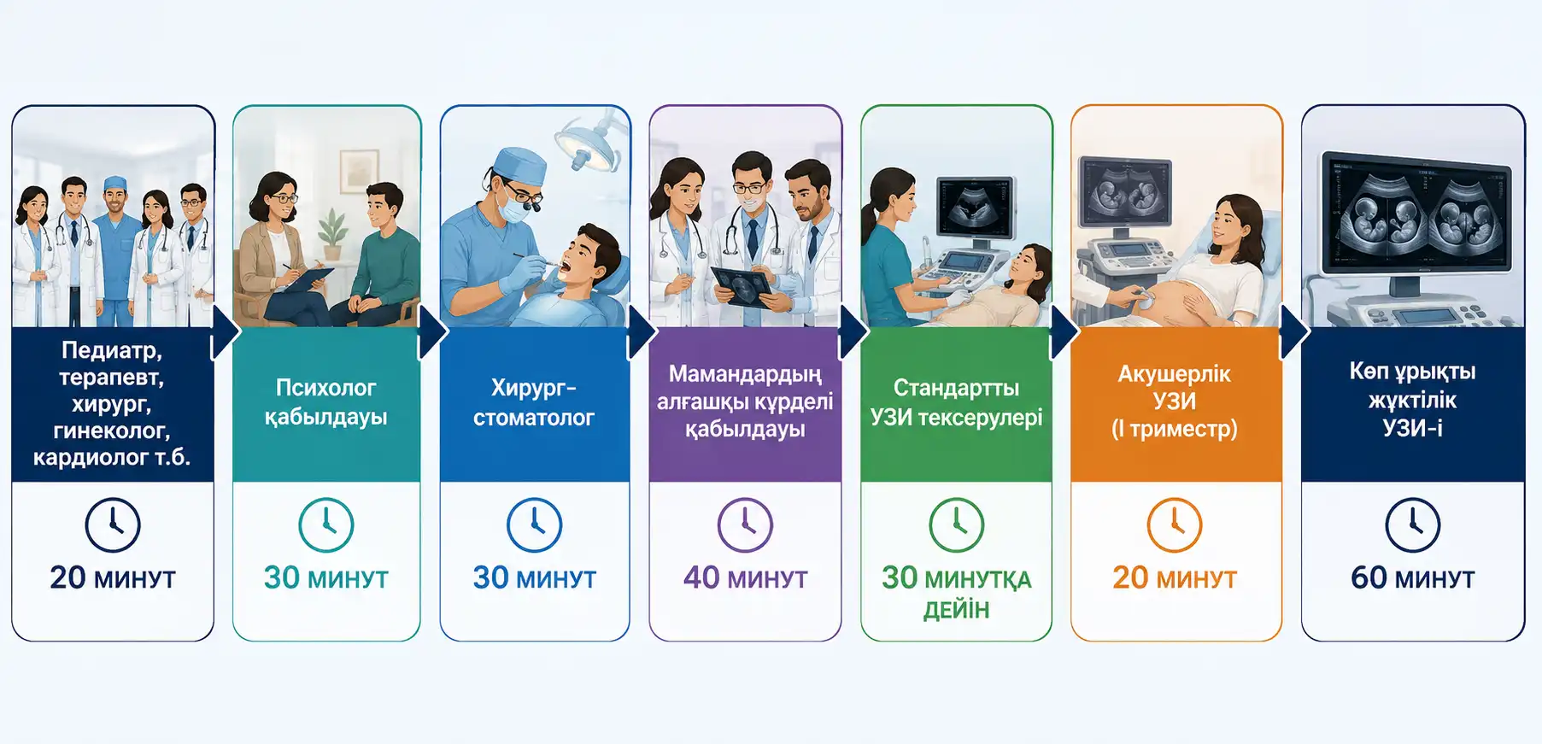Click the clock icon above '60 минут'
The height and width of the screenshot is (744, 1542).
click(x=1412, y=524)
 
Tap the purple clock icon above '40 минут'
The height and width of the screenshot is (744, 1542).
click(x=745, y=524)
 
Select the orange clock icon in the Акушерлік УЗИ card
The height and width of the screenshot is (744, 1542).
click(x=1175, y=524)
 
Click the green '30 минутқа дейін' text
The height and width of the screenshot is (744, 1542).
click(x=956, y=593)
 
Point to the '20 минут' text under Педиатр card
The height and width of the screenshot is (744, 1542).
click(x=113, y=578)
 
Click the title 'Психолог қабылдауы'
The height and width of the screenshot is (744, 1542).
click(x=325, y=402)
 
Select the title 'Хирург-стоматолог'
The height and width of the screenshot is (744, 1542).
click(x=534, y=402)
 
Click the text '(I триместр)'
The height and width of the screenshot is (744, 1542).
click(x=1175, y=429)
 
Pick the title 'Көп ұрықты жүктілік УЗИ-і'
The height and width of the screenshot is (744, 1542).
click(x=1413, y=399)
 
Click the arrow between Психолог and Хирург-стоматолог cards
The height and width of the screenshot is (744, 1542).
click(x=432, y=333)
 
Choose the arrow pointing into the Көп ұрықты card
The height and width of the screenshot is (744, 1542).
click(x=1294, y=333)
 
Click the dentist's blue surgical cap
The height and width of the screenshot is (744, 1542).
click(x=520, y=163)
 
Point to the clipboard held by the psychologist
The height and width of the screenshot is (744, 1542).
click(x=307, y=280)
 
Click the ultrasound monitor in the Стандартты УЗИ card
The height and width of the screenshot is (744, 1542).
click(x=975, y=208)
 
